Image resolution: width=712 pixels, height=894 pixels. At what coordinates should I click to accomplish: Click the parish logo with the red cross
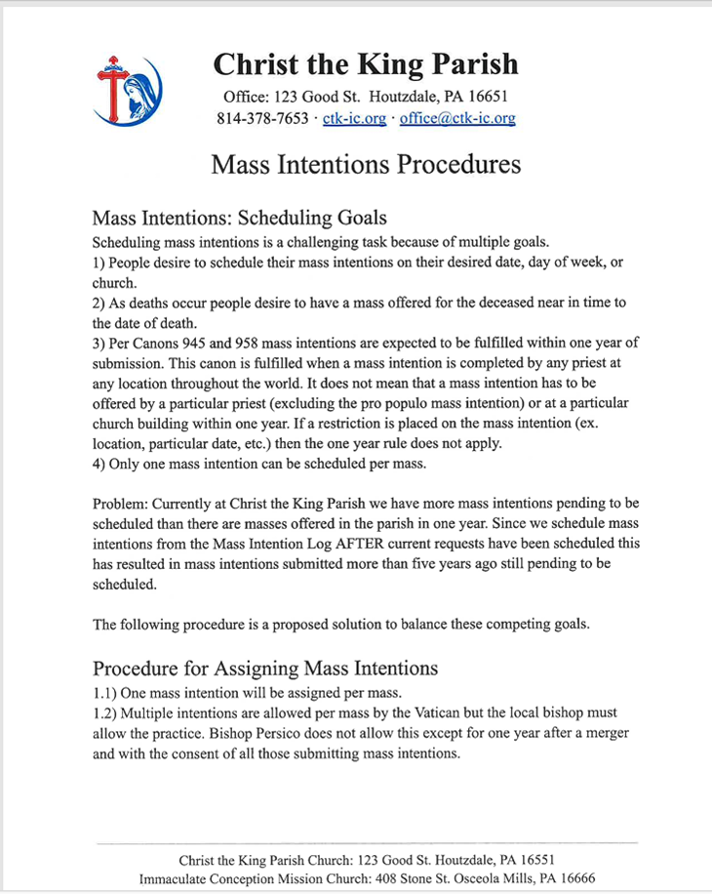click(x=127, y=91)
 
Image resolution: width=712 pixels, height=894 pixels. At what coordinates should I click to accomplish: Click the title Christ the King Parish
click(x=366, y=65)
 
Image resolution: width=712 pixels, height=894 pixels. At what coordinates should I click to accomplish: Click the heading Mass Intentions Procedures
click(x=366, y=164)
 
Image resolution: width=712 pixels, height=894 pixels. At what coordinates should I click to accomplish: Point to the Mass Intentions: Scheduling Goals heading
click(x=239, y=217)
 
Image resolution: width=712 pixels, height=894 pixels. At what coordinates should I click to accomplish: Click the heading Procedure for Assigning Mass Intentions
click(x=264, y=669)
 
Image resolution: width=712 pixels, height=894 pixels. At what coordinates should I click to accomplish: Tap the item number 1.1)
click(x=103, y=692)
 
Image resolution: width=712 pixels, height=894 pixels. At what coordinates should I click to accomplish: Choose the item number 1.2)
click(x=103, y=712)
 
